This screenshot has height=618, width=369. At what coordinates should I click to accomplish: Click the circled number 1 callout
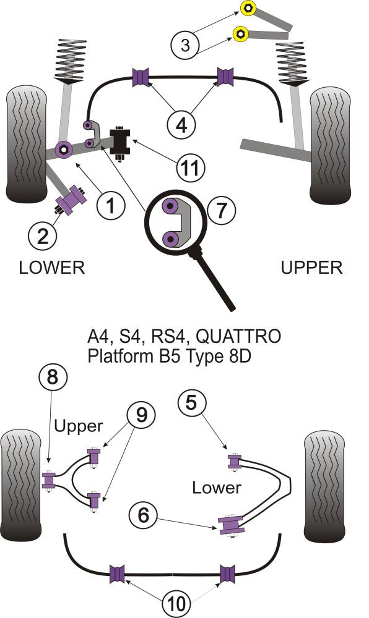(x=110, y=205)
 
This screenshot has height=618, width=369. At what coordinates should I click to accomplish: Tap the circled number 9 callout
(x=142, y=415)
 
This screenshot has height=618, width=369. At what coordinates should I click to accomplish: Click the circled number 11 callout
(x=189, y=166)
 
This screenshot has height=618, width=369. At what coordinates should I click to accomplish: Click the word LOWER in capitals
(x=51, y=267)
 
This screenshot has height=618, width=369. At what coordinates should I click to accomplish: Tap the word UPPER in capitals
(x=311, y=268)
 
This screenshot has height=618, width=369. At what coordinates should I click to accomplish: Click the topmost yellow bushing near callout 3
(x=249, y=9)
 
